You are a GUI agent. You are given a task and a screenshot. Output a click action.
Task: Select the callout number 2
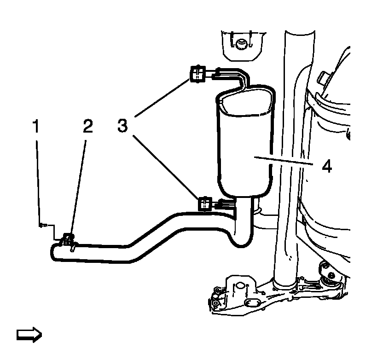pyautogui.click(x=87, y=126)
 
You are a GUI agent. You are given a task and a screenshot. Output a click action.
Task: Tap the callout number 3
pyautogui.click(x=122, y=126)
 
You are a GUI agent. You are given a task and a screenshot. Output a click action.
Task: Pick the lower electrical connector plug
pyautogui.click(x=204, y=203)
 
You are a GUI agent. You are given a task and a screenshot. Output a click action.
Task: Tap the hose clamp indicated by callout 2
pyautogui.click(x=68, y=239)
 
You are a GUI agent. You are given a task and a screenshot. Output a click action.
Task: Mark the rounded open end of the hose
pyautogui.click(x=54, y=252)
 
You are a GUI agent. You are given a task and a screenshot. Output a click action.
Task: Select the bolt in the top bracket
pyautogui.click(x=239, y=44)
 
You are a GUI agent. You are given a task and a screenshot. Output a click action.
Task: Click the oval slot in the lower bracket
pyautogui.click(x=252, y=303)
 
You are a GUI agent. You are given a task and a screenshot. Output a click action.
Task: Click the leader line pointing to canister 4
pyautogui.click(x=283, y=162)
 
